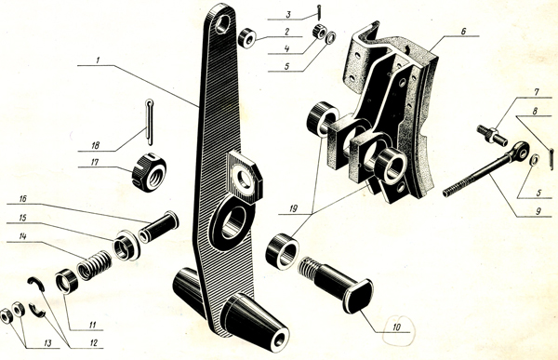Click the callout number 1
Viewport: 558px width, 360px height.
pos(98,60)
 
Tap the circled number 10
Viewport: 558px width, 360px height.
pos(397,327)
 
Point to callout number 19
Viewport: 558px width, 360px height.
pos(293,208)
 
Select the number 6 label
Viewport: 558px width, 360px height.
pos(463,32)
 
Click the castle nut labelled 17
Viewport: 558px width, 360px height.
pos(149,173)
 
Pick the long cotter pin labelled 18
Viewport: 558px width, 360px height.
pos(150,122)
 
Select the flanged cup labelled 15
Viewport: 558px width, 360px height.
pos(126,246)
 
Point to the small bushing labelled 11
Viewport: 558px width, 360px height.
pos(67,281)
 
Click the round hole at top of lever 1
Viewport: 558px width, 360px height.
pos(222,23)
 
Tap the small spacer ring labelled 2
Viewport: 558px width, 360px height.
pos(247,38)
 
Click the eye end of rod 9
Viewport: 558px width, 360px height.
pos(520,151)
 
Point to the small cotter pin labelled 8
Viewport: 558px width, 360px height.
pos(551,154)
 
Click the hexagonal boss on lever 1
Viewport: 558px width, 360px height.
pos(245,178)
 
